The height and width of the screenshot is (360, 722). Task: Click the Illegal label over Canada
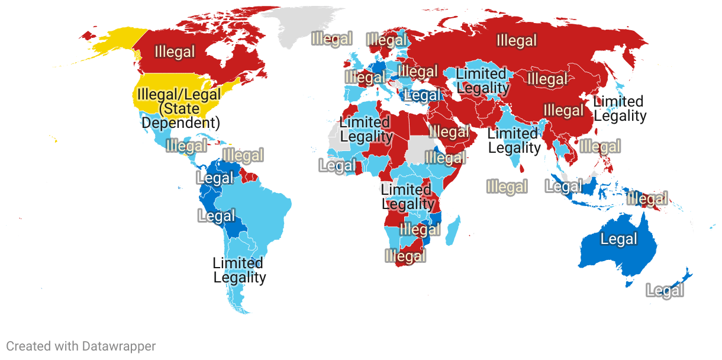175,52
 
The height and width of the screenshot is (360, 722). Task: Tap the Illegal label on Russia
517,41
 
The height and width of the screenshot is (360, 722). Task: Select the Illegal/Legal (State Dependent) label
179,108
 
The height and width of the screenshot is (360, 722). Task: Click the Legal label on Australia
619,239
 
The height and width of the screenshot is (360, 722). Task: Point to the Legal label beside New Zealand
665,291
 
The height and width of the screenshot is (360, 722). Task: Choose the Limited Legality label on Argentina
239,270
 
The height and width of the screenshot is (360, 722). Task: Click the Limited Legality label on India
514,140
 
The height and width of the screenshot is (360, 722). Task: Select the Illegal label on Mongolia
547,79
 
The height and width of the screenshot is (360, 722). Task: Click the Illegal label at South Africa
405,256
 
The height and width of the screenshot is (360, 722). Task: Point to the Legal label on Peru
217,216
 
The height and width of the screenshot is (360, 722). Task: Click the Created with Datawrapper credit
81,346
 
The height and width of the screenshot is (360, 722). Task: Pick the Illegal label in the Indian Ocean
507,187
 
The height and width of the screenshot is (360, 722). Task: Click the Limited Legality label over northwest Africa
366,129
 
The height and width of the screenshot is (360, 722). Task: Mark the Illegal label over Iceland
332,39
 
